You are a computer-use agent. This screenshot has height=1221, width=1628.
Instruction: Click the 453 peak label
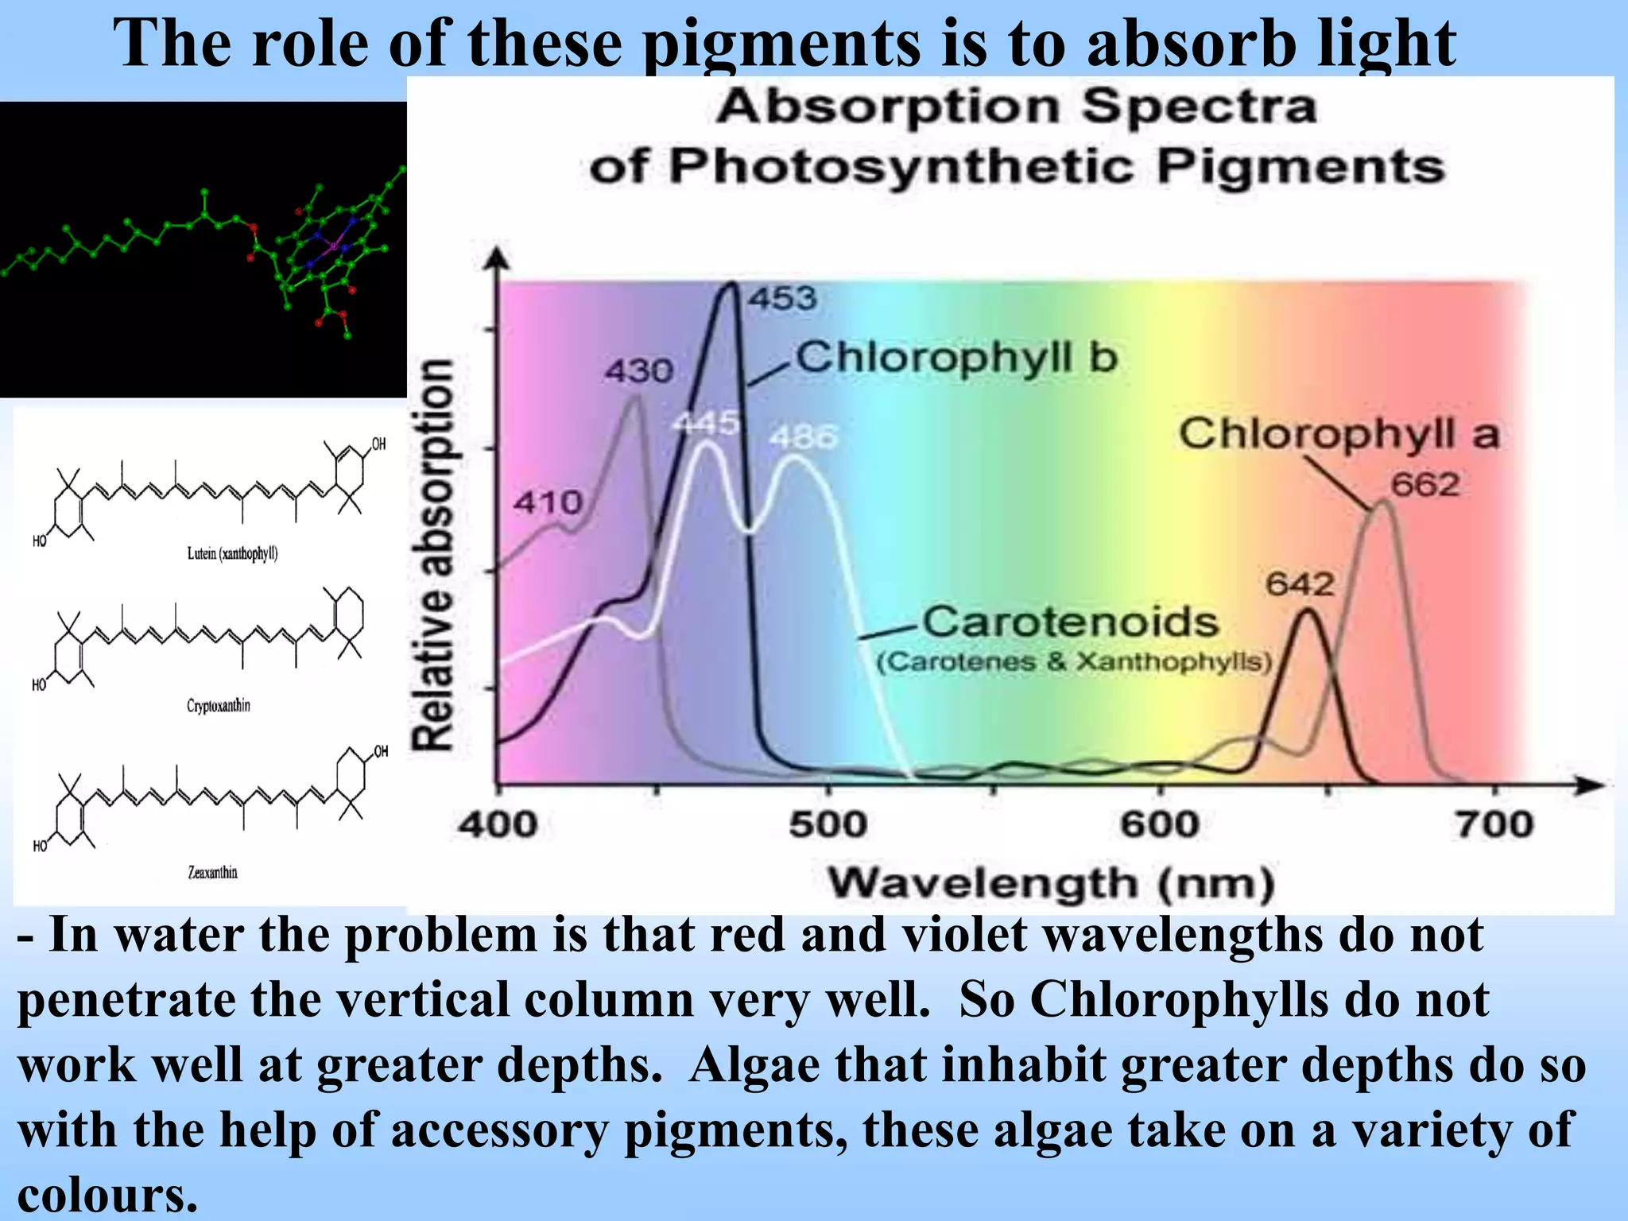coord(783,299)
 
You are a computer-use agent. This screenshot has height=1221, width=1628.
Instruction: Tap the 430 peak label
coord(639,370)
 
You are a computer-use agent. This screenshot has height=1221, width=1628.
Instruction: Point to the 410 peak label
coord(548,502)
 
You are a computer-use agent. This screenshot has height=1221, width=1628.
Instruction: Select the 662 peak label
coord(1425,484)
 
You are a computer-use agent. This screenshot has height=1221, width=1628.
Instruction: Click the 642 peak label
coord(1300,584)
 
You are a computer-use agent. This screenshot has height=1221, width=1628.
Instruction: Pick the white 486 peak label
coord(804,436)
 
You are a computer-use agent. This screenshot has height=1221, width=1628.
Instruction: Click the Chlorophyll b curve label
coord(957,357)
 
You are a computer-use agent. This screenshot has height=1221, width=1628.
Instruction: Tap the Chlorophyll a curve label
coord(1339,434)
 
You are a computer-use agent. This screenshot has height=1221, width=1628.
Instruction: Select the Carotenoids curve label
coord(1070,622)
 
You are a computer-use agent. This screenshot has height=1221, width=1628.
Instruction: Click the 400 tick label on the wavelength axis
coord(498,824)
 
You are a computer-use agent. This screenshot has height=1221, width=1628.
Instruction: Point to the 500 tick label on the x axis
coord(828,824)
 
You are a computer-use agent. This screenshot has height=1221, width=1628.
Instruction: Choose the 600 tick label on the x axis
coord(1160,824)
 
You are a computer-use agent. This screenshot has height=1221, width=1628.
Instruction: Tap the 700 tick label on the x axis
coord(1494,824)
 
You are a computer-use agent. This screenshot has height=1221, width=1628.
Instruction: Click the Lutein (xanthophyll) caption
coord(232,553)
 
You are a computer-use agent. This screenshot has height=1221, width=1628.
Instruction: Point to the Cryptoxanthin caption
coord(218,706)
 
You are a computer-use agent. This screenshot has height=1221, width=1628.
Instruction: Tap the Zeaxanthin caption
coord(212,872)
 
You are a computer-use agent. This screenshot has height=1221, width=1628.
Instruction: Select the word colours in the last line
coord(107,1194)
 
